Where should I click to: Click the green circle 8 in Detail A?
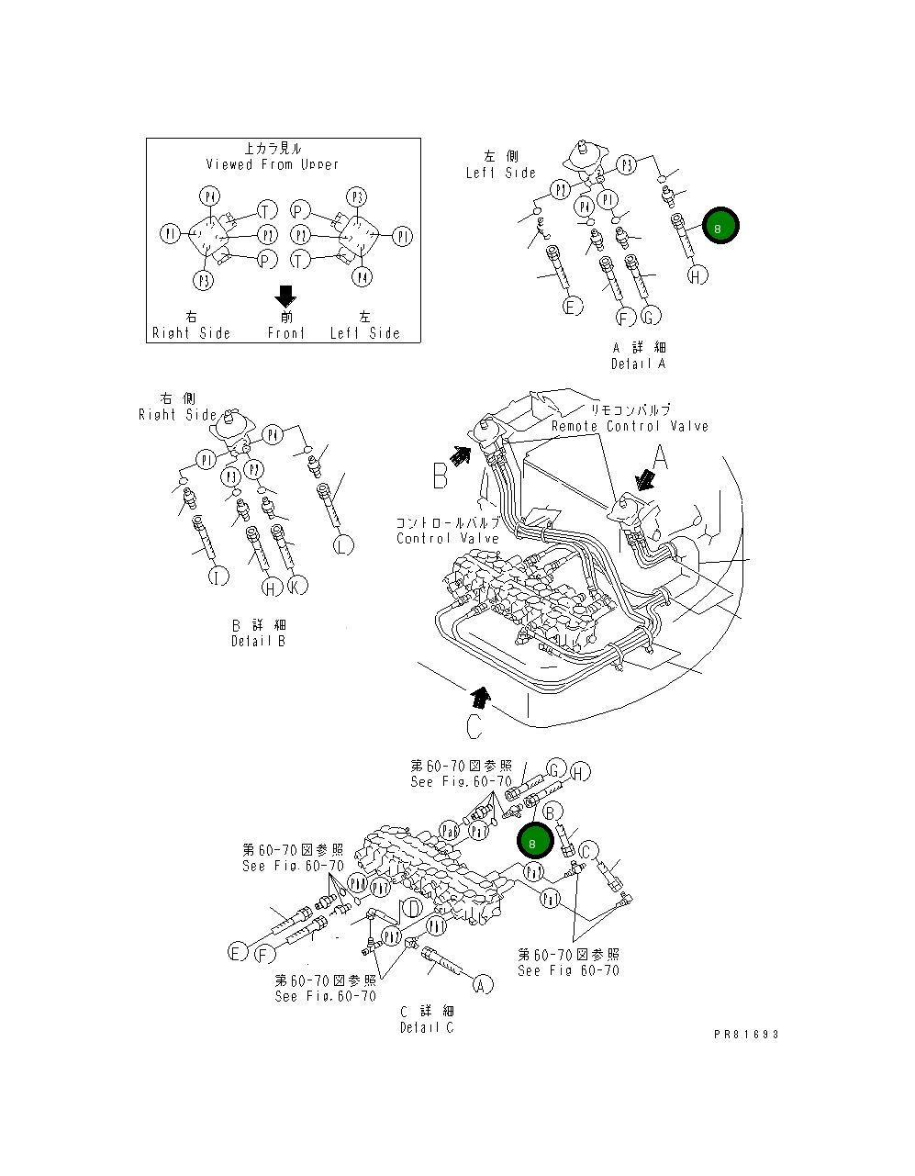pos(720,226)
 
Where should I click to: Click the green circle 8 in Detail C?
pos(533,841)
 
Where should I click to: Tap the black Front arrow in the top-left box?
pos(285,297)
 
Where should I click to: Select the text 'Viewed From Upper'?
pos(272,164)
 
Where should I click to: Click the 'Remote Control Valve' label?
pos(630,426)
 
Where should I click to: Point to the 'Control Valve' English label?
pos(447,539)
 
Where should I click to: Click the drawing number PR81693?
pos(746,1034)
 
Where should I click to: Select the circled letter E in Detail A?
pos(572,307)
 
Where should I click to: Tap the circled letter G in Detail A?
pos(650,317)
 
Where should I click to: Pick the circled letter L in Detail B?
pos(342,545)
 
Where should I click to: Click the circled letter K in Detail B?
pos(296,586)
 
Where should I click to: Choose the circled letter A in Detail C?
pos(482,984)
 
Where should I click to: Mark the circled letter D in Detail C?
pos(414,909)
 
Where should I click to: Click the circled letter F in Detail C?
pos(264,955)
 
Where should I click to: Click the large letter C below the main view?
pos(474,726)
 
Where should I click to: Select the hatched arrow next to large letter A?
pos(645,480)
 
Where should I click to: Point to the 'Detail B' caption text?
pos(258,641)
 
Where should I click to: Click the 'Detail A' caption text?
pos(639,364)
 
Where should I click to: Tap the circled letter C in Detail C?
pos(588,851)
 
